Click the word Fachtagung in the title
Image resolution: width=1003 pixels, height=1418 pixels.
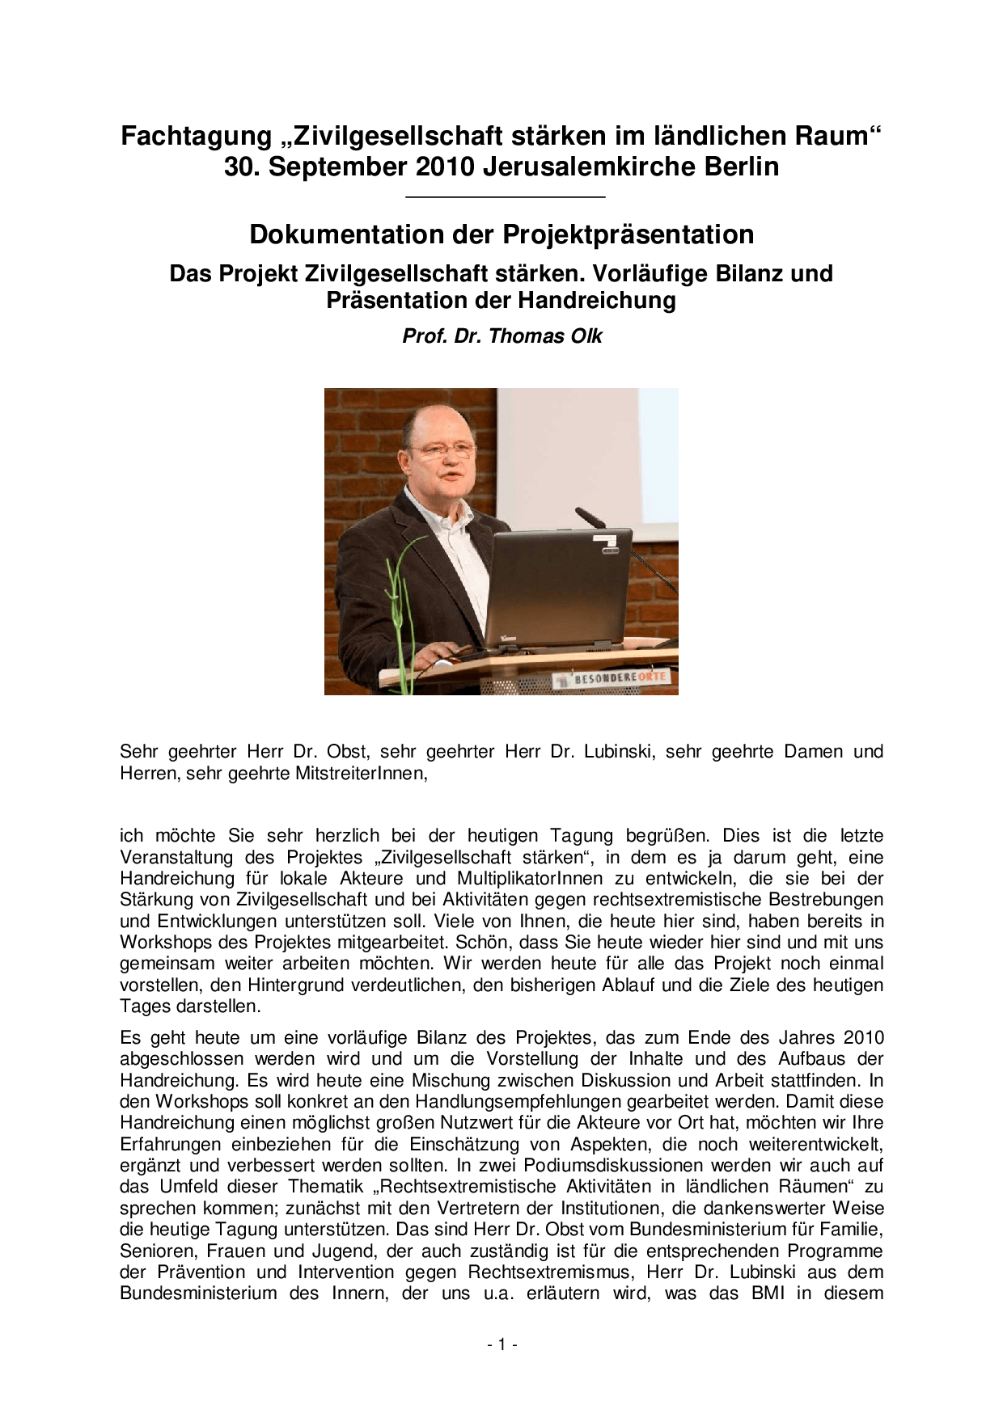click(x=196, y=136)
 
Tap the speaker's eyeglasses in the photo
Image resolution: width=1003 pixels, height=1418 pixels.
click(x=441, y=449)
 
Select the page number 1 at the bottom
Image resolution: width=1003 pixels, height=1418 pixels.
click(x=501, y=1344)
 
